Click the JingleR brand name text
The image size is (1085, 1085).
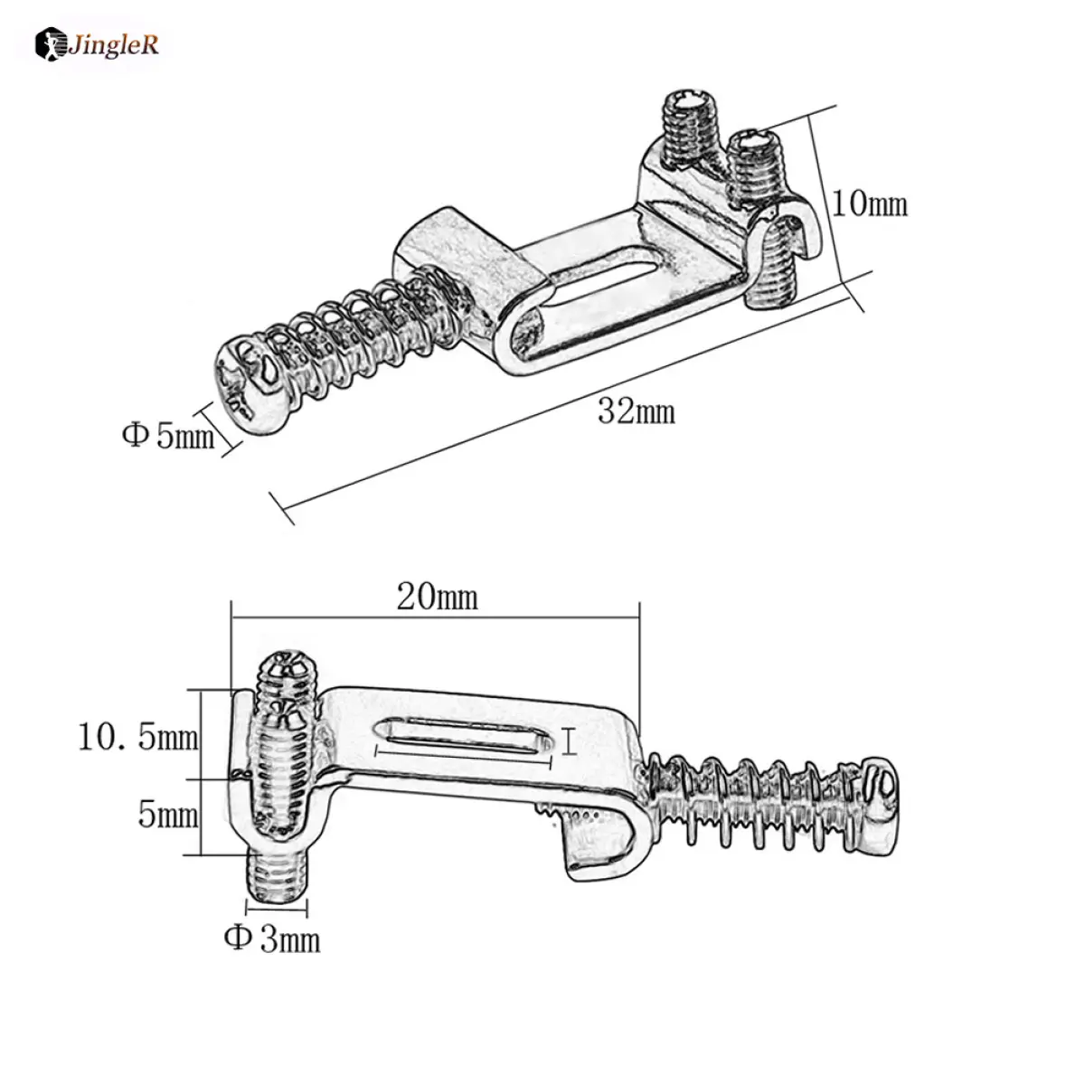pyautogui.click(x=113, y=44)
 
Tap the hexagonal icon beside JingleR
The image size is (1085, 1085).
pyautogui.click(x=49, y=44)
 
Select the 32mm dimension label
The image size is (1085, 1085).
pyautogui.click(x=636, y=411)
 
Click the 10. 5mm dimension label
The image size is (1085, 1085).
pyautogui.click(x=138, y=737)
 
